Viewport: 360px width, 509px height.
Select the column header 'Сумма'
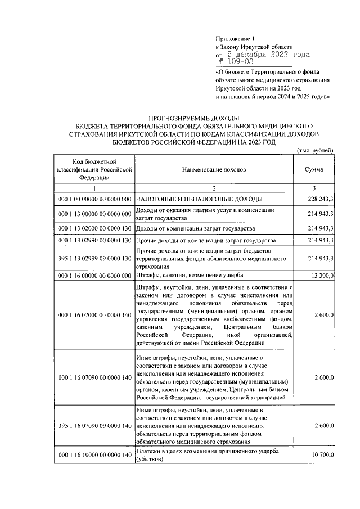pyautogui.click(x=313, y=169)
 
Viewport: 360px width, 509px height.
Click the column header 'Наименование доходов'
pyautogui.click(x=214, y=169)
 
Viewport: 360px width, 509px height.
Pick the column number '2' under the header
pyautogui.click(x=214, y=187)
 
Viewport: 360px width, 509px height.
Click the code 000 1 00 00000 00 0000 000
pyautogui.click(x=94, y=199)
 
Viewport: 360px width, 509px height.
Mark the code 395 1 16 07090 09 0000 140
pyautogui.click(x=94, y=426)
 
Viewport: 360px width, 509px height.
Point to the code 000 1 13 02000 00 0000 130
pyautogui.click(x=94, y=229)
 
